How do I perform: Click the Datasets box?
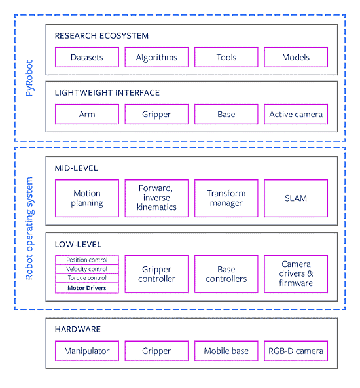click(87, 57)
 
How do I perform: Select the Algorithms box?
click(156, 57)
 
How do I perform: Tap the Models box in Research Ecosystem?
click(296, 57)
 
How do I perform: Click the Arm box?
click(87, 114)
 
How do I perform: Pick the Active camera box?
click(296, 114)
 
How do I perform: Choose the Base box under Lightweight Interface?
click(226, 114)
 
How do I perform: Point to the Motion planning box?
click(87, 198)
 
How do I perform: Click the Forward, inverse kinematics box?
click(156, 198)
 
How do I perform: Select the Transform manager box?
click(226, 198)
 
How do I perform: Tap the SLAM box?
click(296, 198)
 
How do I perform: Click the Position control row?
click(87, 260)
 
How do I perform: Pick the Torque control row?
click(87, 278)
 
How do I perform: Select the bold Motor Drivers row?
click(87, 288)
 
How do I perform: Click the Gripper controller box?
click(156, 274)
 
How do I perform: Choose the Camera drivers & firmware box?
click(296, 274)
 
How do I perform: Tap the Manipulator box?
click(87, 351)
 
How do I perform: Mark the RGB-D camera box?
click(296, 351)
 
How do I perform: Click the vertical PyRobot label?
click(29, 78)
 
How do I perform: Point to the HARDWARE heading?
click(78, 329)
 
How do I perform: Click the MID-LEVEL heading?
click(77, 168)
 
